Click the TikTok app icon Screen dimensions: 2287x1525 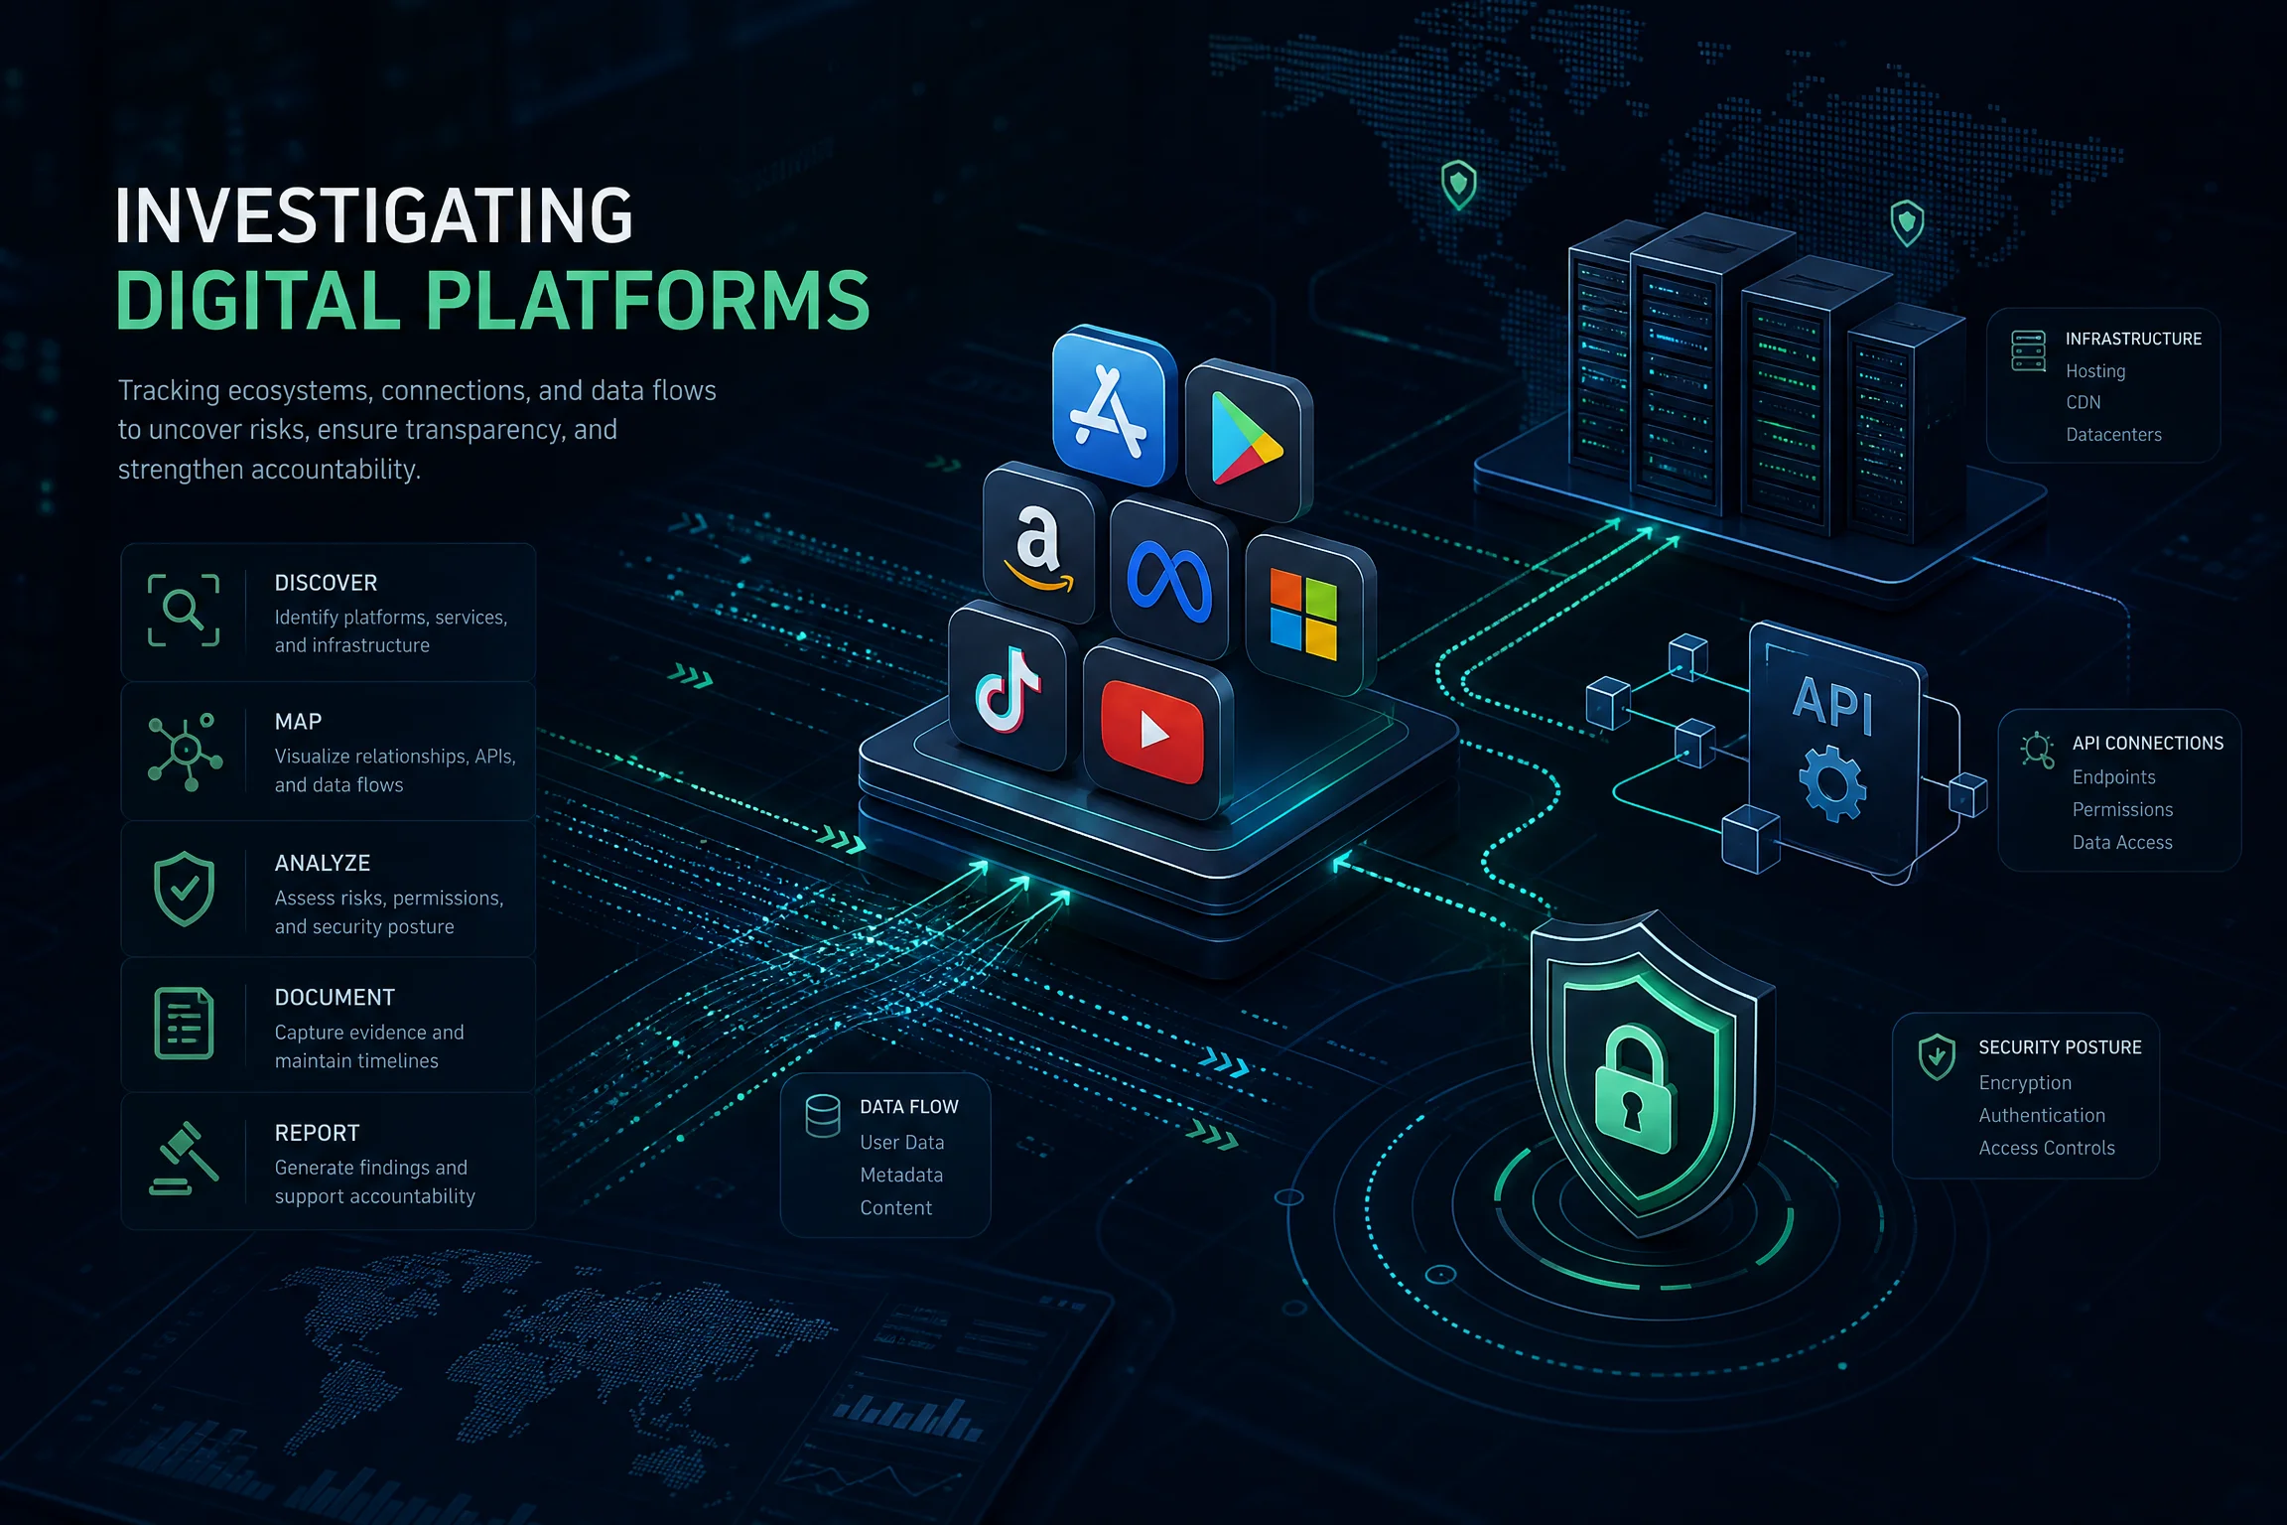tap(1007, 687)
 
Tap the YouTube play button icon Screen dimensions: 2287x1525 tap(1153, 732)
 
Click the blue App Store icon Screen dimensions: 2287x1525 tap(1111, 408)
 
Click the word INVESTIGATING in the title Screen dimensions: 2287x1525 tap(374, 216)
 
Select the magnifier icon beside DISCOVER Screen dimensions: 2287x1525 tap(184, 610)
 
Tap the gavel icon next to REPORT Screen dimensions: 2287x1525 tap(184, 1158)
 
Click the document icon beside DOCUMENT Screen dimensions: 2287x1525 tap(184, 1023)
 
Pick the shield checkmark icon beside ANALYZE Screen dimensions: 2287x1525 tap(184, 889)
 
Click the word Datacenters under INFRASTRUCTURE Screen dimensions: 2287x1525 tap(2113, 434)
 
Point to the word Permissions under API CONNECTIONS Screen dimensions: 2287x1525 tap(2122, 809)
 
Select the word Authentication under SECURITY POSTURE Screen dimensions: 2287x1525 tap(2042, 1115)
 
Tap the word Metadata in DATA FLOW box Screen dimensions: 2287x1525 tap(901, 1175)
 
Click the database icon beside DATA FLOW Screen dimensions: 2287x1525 tap(823, 1115)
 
